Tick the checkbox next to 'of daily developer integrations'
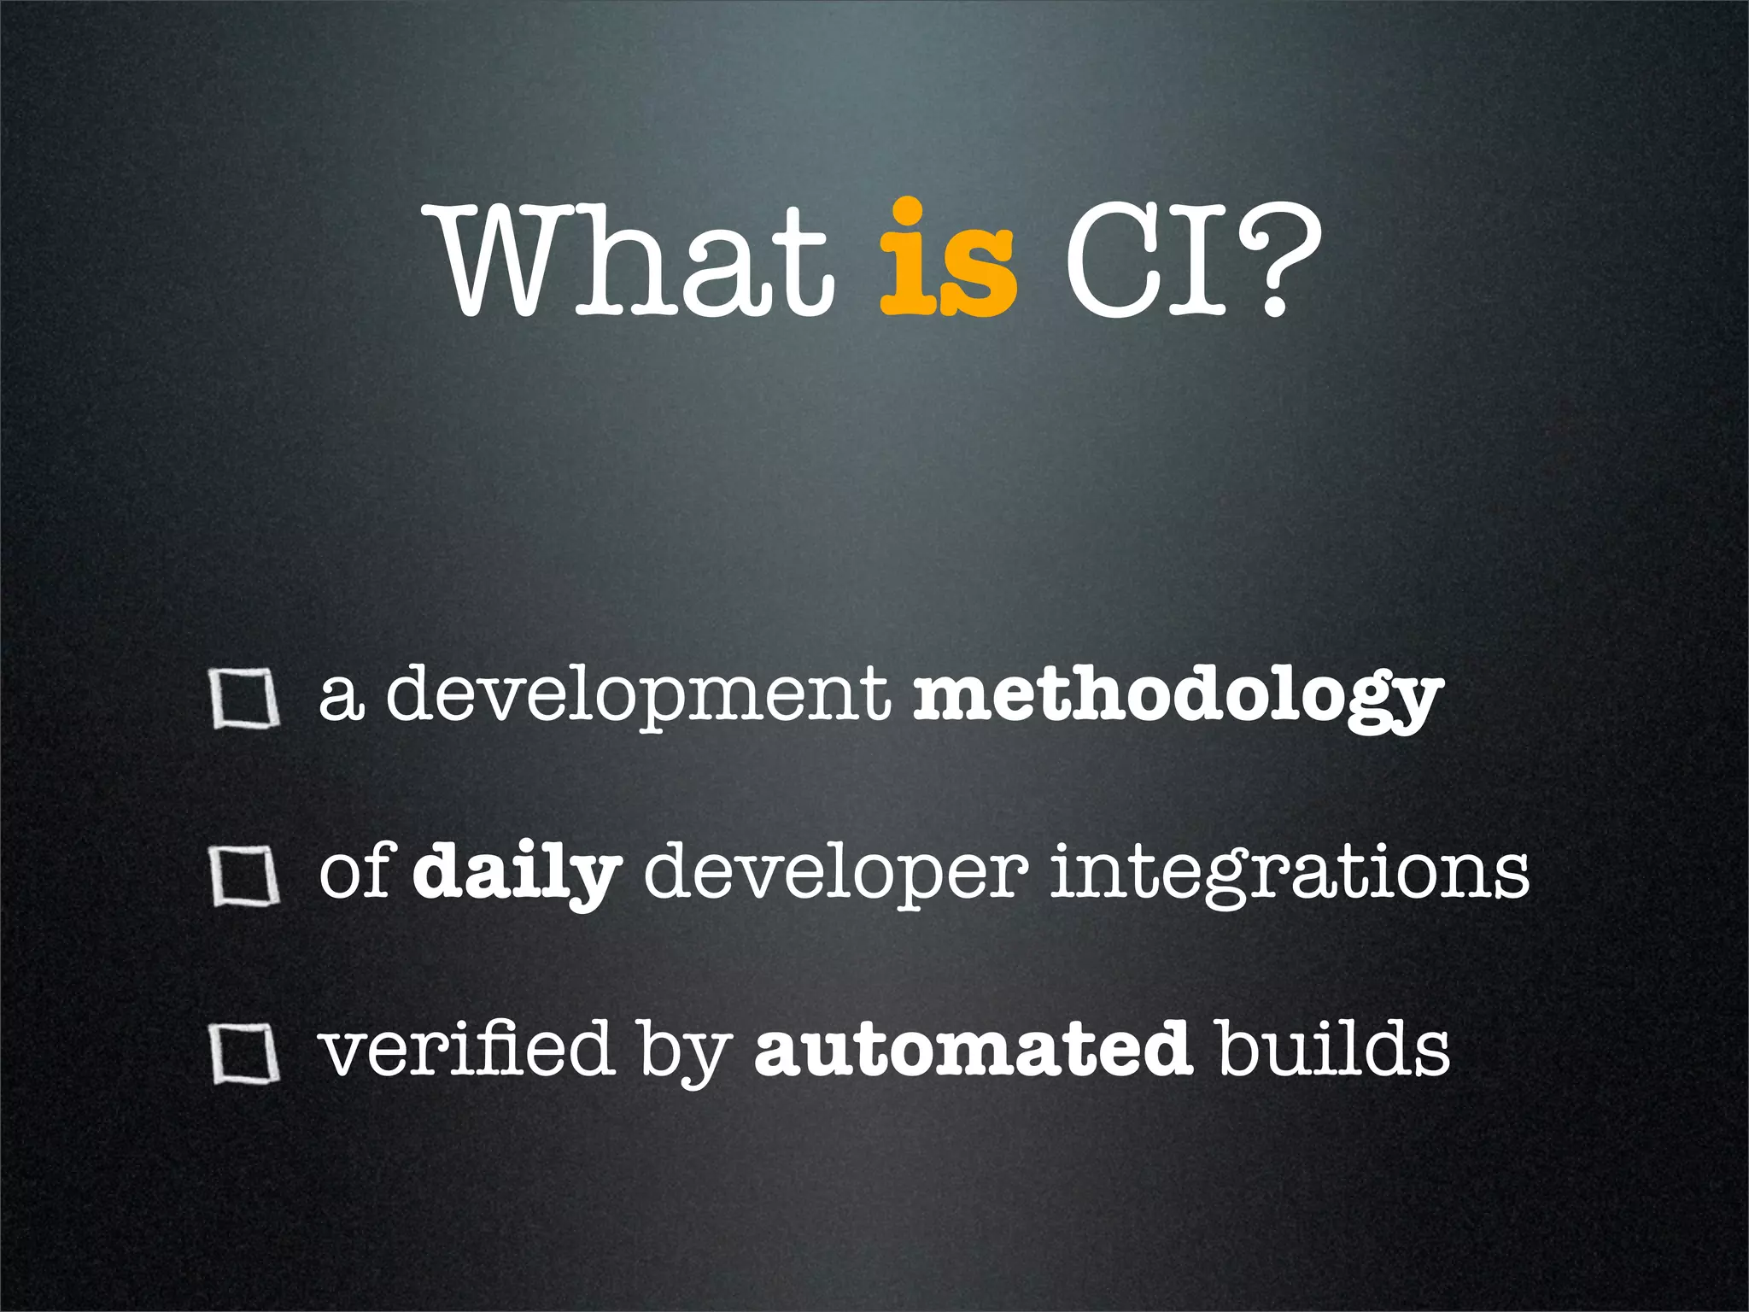pyautogui.click(x=246, y=876)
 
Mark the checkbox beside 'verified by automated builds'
pyautogui.click(x=246, y=1054)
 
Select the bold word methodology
pyautogui.click(x=1179, y=696)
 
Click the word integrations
pyautogui.click(x=1290, y=873)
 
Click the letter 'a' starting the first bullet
pyautogui.click(x=341, y=699)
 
